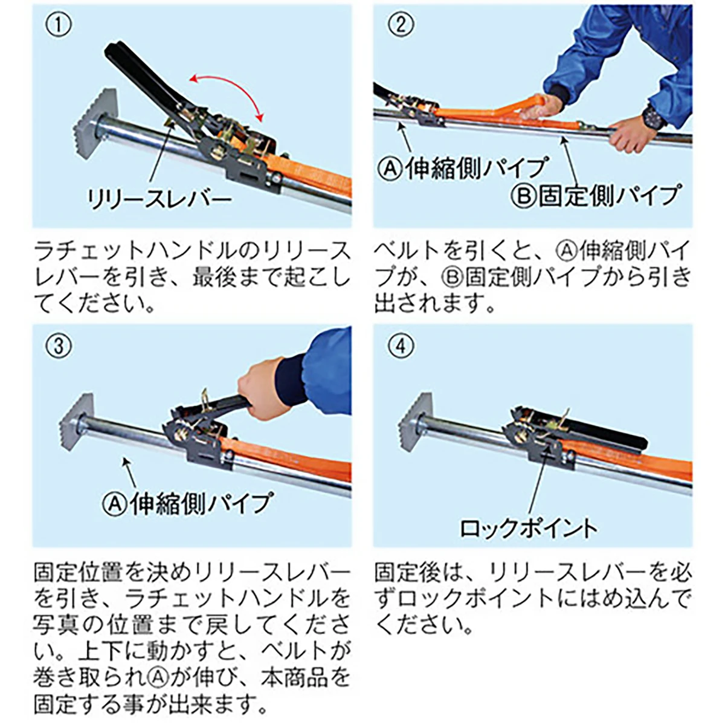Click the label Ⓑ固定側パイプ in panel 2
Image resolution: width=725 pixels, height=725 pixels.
(594, 196)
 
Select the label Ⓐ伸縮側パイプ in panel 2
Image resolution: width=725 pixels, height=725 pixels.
(463, 168)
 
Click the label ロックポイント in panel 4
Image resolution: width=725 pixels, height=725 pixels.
(528, 528)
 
